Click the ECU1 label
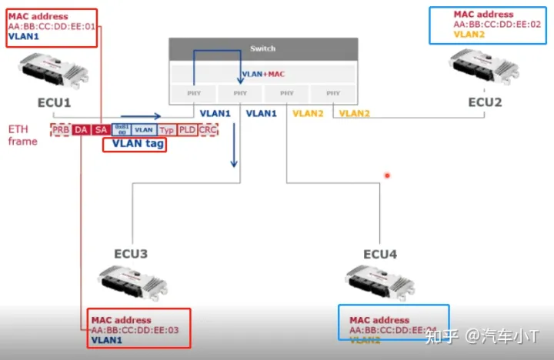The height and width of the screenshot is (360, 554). point(54,102)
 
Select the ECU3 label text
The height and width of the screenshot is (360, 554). point(131,254)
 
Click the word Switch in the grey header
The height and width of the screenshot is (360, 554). point(262,49)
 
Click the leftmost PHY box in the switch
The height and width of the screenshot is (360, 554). point(194,93)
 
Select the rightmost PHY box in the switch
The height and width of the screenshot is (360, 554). point(332,93)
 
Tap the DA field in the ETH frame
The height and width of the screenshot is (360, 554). point(81,130)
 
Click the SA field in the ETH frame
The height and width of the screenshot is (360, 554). point(101,130)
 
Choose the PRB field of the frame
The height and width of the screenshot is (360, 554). point(61,130)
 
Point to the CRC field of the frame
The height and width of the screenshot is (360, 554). point(208,130)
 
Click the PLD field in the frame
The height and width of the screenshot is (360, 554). point(187,130)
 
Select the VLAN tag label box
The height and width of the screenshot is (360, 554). point(134,143)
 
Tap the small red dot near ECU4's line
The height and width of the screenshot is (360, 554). point(387,175)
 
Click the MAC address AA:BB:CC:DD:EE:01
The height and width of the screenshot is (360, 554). point(53,26)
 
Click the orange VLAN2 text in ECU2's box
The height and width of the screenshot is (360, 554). point(470,34)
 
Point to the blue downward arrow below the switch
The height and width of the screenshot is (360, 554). point(234,154)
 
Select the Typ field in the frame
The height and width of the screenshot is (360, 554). point(167,130)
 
